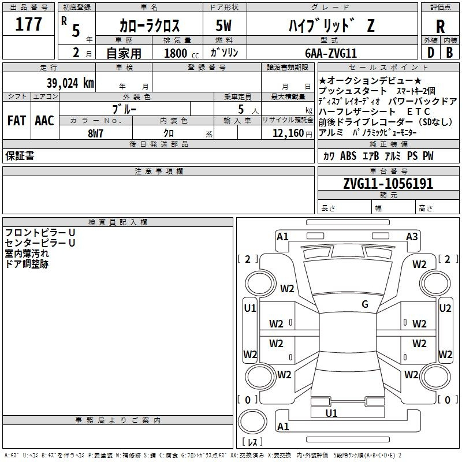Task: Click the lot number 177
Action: [28, 24]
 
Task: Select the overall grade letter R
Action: [440, 27]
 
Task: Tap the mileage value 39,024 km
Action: [70, 83]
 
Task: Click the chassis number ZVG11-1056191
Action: [388, 184]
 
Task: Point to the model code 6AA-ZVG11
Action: [331, 53]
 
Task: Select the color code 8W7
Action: [95, 133]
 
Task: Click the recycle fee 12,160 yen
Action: [292, 133]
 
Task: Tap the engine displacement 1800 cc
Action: [181, 53]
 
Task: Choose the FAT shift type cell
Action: [17, 121]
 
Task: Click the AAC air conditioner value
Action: [44, 121]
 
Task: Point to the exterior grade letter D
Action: [431, 53]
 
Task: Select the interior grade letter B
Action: [449, 53]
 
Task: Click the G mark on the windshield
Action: [365, 304]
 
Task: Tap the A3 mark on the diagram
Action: [412, 237]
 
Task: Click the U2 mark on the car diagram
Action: [445, 308]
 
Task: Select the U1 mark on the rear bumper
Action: [331, 413]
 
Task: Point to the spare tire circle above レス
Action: [252, 422]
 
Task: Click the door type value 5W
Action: [223, 25]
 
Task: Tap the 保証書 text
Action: [20, 156]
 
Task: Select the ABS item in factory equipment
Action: [348, 156]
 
